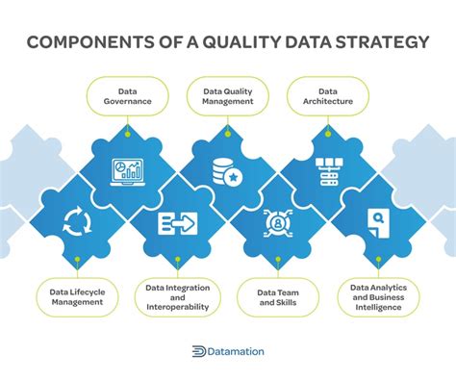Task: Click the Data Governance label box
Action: [x=128, y=94]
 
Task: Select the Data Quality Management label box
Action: [x=229, y=94]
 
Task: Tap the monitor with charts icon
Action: [x=128, y=170]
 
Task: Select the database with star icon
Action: [x=229, y=171]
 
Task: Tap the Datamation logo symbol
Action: [x=200, y=352]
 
